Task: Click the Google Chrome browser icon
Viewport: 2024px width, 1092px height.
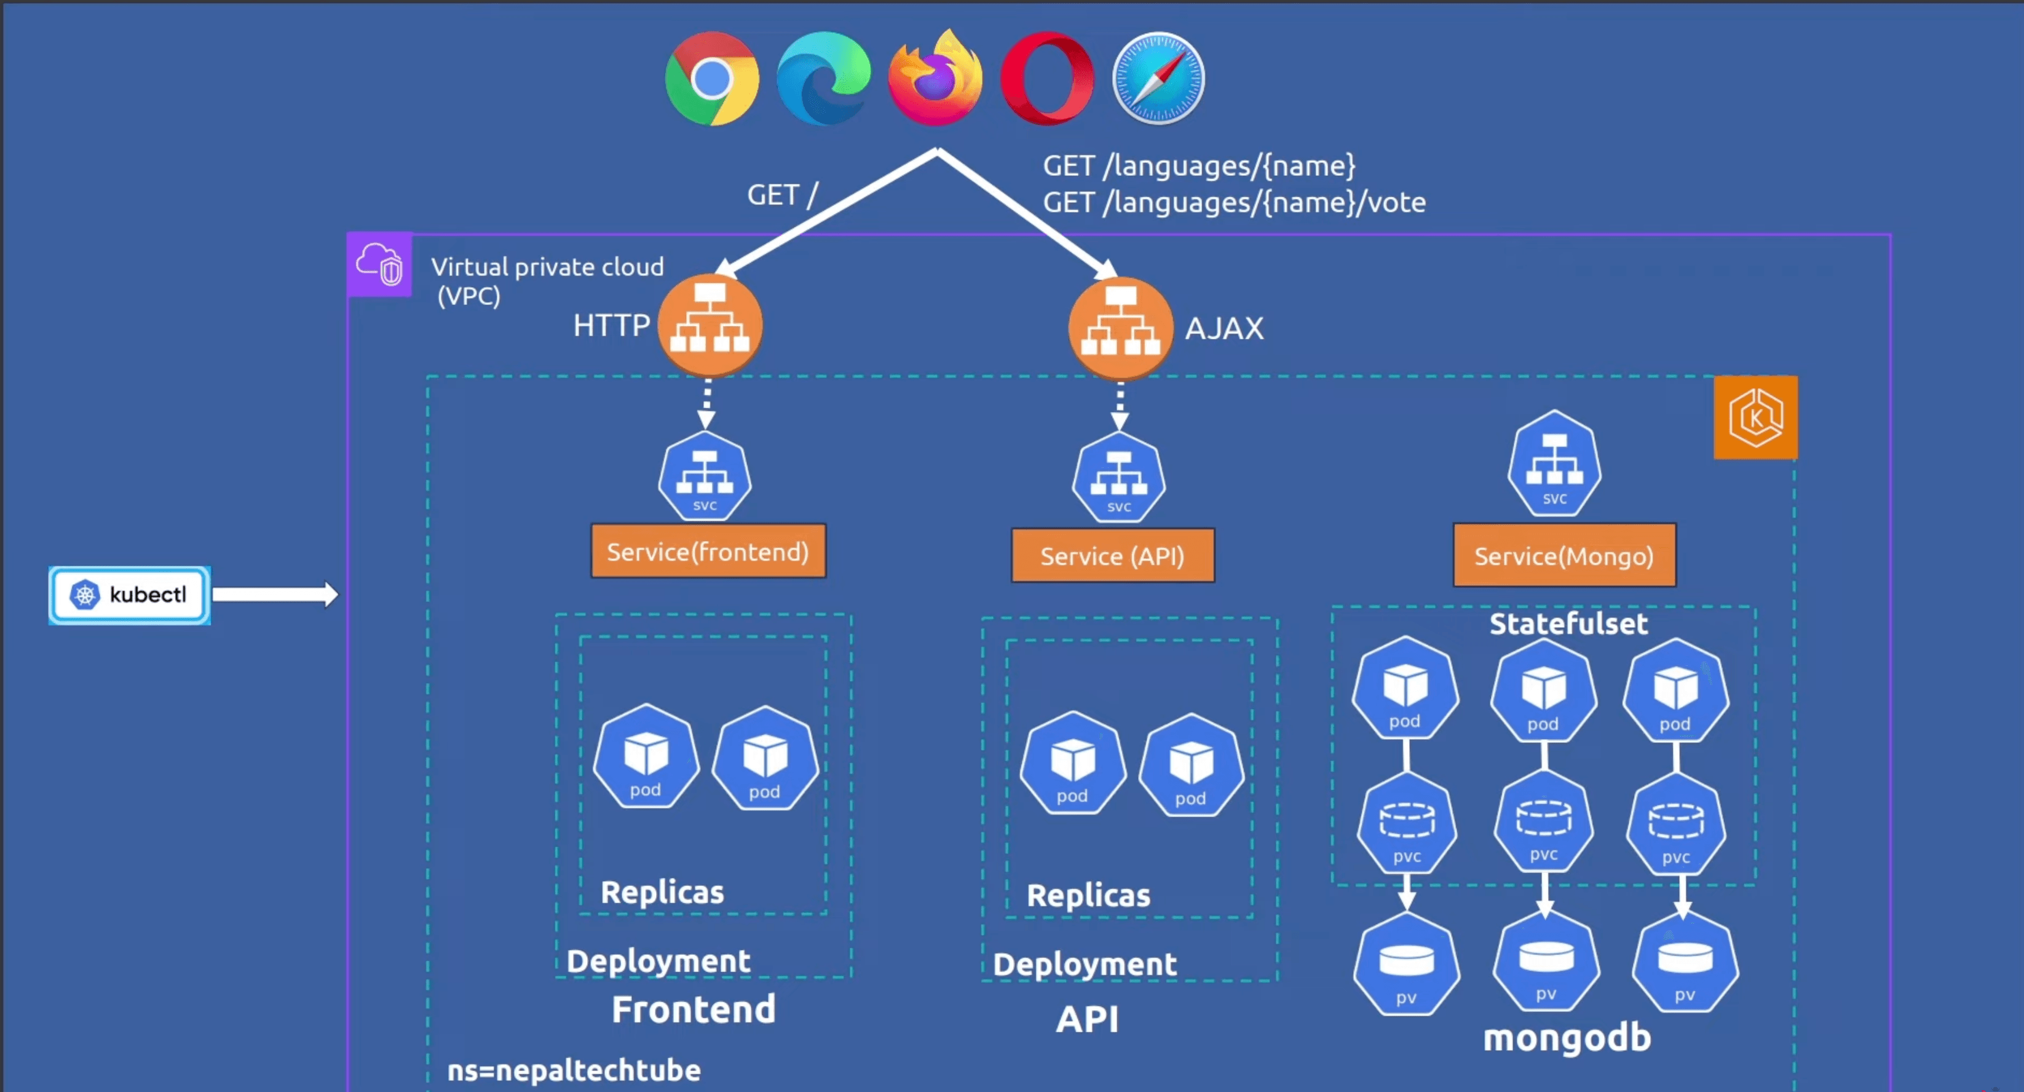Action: point(712,79)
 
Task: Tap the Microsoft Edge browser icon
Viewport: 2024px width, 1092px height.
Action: point(823,79)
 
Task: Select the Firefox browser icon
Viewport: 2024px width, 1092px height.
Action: point(935,79)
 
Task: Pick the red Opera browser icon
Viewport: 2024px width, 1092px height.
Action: point(1046,79)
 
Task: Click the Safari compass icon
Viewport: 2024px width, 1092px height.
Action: point(1158,79)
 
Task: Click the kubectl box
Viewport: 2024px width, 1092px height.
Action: point(130,595)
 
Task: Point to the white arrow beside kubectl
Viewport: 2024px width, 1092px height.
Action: point(275,594)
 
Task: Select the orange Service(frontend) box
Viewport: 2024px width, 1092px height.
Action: point(708,552)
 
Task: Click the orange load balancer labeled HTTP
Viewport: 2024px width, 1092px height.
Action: point(710,325)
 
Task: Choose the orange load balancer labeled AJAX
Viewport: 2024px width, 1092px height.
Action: point(1120,327)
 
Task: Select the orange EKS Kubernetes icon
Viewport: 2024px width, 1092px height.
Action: point(1755,417)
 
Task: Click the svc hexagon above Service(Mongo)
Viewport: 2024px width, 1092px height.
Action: point(1554,464)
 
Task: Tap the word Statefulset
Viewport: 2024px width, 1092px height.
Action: point(1568,623)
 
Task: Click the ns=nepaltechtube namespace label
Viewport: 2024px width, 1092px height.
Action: point(574,1070)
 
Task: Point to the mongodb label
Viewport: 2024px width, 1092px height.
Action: point(1567,1038)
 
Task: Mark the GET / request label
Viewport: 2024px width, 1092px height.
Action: point(783,195)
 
